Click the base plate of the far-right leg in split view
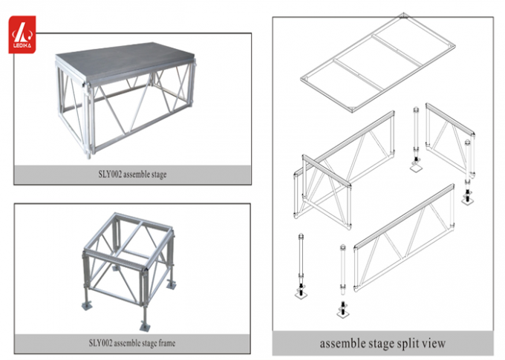(x=469, y=201)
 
